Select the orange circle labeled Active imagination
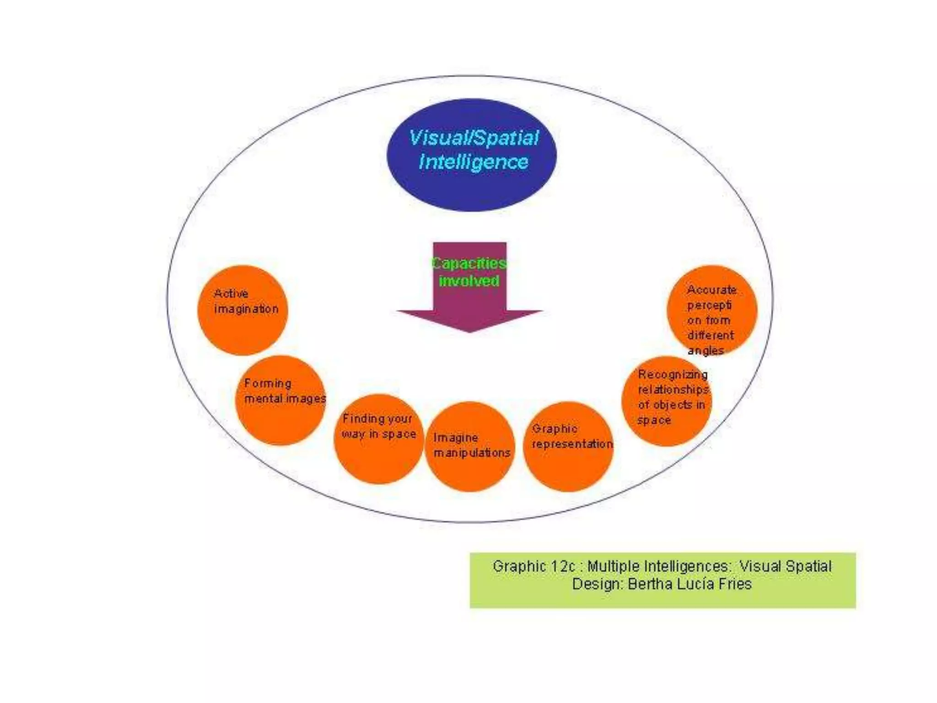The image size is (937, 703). (242, 320)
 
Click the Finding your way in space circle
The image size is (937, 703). (378, 453)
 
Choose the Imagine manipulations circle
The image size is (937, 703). (470, 467)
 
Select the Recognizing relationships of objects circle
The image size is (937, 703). (667, 426)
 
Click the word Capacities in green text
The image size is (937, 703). (469, 263)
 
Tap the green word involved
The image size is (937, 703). (469, 281)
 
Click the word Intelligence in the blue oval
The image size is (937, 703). (474, 162)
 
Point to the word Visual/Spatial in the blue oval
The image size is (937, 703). (474, 138)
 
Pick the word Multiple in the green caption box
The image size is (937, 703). (613, 567)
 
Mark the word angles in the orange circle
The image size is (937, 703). (705, 351)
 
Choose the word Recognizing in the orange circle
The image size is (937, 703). (673, 375)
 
